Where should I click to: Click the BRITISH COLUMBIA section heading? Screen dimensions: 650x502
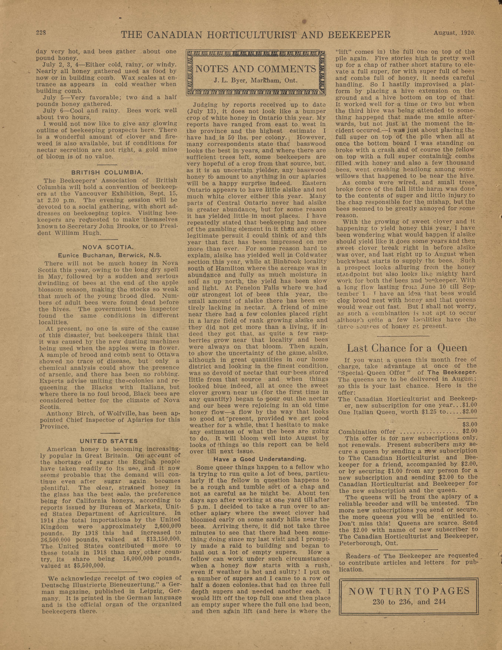tap(106, 172)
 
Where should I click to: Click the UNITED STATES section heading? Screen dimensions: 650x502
tap(109, 441)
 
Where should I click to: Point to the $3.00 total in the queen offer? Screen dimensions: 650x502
tap(470, 424)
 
